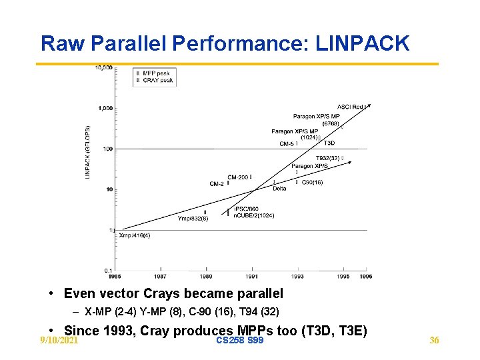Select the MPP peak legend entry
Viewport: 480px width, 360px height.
point(156,73)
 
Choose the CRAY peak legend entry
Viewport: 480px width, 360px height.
point(157,80)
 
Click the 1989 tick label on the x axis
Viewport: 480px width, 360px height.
point(206,276)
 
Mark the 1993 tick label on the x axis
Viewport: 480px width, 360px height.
point(297,276)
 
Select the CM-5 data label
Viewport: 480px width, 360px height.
point(287,143)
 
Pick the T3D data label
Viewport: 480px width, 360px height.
point(329,143)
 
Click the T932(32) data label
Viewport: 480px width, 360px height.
point(327,159)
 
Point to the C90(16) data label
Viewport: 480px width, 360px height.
point(312,182)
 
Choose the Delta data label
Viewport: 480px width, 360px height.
point(279,188)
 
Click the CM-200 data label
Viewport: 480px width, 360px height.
point(237,177)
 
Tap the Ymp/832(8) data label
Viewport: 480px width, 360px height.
point(193,218)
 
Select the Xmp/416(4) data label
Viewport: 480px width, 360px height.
point(134,235)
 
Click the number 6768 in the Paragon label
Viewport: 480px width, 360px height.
point(331,124)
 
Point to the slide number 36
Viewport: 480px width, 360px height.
point(434,341)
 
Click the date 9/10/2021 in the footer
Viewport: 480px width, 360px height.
point(59,341)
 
